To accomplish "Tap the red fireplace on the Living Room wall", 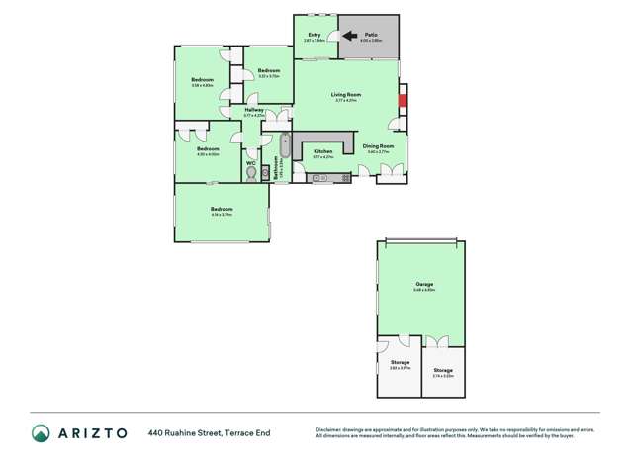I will click(x=402, y=99).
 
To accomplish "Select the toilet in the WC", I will click(x=251, y=173).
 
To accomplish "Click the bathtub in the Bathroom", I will click(x=285, y=146).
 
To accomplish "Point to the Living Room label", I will click(x=346, y=95).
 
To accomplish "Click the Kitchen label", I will click(x=323, y=151).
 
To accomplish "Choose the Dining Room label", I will click(x=381, y=146).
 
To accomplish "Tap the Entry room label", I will click(x=315, y=36).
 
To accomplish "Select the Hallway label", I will click(x=254, y=110).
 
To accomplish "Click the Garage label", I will click(x=424, y=285).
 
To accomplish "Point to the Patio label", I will click(x=370, y=35).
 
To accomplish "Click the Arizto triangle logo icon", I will click(x=41, y=432).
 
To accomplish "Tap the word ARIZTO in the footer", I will click(x=92, y=432).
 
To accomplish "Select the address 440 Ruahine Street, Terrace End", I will click(x=210, y=432).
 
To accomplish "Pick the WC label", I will click(x=251, y=162).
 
